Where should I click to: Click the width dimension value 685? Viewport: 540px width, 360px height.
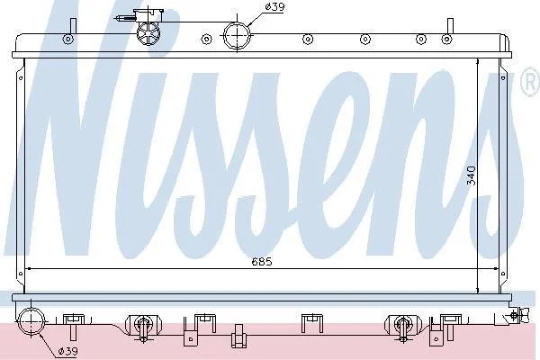pos(262,262)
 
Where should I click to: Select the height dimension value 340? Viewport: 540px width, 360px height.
pos(471,175)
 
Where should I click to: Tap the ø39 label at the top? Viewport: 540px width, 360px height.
pos(274,7)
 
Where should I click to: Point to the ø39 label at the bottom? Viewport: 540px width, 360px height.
pos(67,351)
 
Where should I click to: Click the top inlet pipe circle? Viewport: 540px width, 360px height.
pos(237,35)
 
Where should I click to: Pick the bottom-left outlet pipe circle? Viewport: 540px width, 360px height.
pos(31,322)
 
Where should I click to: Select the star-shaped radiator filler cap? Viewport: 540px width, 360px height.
pos(148,33)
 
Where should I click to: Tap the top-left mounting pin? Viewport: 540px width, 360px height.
pos(73,26)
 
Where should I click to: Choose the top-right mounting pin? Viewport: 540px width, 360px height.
pos(450,26)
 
